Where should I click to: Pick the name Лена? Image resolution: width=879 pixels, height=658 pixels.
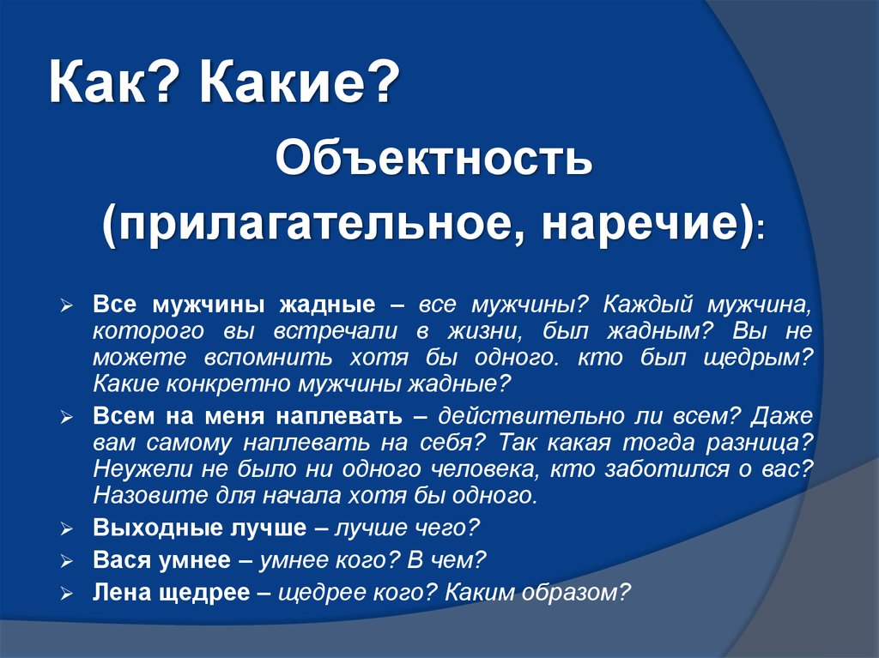pyautogui.click(x=122, y=593)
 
